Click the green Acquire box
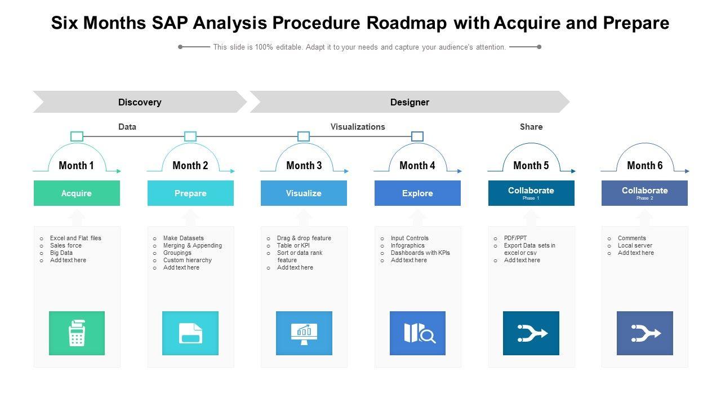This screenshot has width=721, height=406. [77, 193]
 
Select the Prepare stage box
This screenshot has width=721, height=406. [190, 193]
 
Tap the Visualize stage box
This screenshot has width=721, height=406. [304, 193]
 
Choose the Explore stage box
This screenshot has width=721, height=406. [417, 193]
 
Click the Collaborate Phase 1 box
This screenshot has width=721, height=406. [531, 193]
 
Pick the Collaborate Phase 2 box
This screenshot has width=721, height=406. [644, 193]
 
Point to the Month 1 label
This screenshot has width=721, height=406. [77, 165]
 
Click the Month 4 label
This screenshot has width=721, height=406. [417, 165]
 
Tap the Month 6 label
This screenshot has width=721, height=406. [644, 165]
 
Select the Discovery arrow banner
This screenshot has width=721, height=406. [140, 102]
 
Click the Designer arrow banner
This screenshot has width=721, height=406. [410, 102]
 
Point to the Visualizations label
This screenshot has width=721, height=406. [358, 127]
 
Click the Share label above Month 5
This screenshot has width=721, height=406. [531, 127]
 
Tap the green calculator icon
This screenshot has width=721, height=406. [77, 333]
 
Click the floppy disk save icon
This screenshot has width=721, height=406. [190, 333]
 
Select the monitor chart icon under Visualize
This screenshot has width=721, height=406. [304, 333]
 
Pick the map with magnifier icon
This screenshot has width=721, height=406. [417, 333]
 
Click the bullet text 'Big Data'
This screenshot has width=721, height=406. [61, 253]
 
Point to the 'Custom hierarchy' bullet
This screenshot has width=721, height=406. [188, 261]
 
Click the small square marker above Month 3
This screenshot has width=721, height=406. [304, 136]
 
